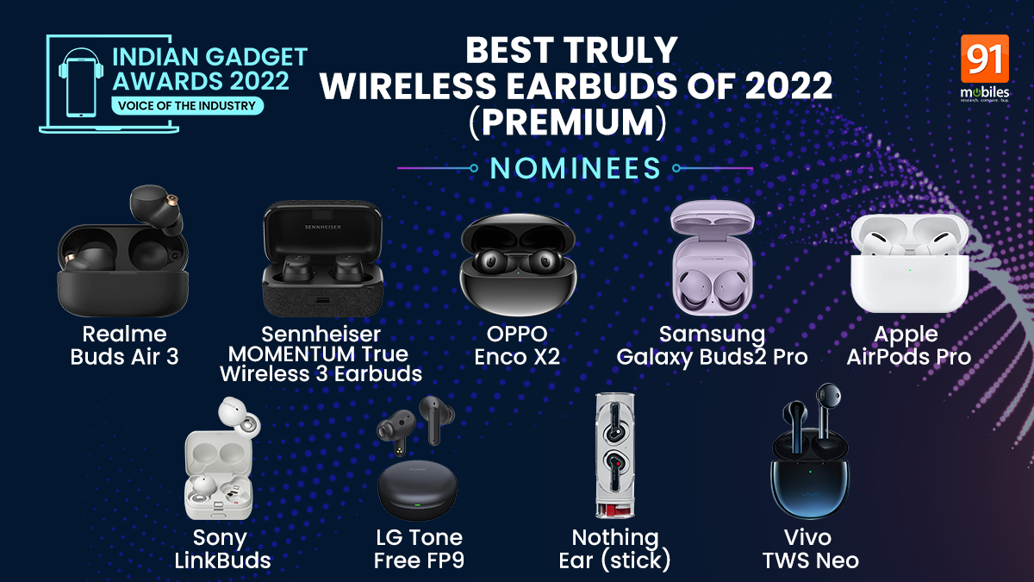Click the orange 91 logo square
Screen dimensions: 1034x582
point(985,59)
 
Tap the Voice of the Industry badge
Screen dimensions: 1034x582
point(187,106)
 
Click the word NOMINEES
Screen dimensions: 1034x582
point(576,168)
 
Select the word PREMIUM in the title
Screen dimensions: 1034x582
point(568,122)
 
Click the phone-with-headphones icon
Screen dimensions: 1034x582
point(81,83)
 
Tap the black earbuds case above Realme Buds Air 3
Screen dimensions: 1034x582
point(122,251)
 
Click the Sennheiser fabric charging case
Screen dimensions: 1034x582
point(322,259)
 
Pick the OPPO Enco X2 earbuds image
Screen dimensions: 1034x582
point(518,265)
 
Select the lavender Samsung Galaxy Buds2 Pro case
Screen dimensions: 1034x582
point(713,258)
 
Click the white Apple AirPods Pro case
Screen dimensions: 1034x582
point(910,263)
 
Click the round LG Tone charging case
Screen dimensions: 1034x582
point(417,491)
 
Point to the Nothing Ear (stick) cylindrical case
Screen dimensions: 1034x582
point(614,455)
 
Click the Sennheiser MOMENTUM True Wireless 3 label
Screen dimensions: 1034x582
point(321,354)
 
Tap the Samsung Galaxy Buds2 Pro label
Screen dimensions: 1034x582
point(713,346)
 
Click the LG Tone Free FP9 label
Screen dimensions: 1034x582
point(419,549)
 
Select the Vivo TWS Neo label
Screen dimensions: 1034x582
point(811,549)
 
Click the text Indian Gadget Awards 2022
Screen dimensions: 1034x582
point(209,69)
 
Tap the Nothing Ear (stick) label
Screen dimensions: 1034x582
point(614,549)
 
